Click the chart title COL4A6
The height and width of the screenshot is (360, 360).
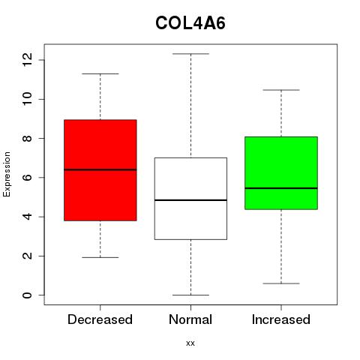[190, 23]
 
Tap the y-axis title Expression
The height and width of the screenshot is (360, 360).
[7, 175]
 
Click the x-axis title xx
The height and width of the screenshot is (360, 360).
[190, 343]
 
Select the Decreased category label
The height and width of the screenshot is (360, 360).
[100, 319]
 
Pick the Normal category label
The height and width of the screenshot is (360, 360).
[190, 319]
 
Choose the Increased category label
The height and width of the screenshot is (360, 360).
[281, 319]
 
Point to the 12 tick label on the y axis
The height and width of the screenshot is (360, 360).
[27, 60]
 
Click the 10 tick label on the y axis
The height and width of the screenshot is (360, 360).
[27, 99]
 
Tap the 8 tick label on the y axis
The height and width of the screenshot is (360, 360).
[27, 138]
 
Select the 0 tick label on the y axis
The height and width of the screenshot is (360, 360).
[27, 295]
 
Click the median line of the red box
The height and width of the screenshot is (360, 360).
[100, 169]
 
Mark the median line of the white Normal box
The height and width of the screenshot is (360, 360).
[190, 200]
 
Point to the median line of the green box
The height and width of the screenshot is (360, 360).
[281, 188]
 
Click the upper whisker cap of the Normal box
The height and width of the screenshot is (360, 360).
[190, 54]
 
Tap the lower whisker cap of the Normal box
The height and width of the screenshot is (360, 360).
[190, 295]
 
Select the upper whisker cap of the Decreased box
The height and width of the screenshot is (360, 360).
[100, 73]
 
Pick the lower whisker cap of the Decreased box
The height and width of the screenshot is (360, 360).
[100, 257]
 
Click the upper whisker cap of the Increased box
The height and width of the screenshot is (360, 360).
[281, 90]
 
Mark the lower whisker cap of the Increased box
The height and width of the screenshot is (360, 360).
[281, 283]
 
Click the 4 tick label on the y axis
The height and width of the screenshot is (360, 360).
[27, 217]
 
